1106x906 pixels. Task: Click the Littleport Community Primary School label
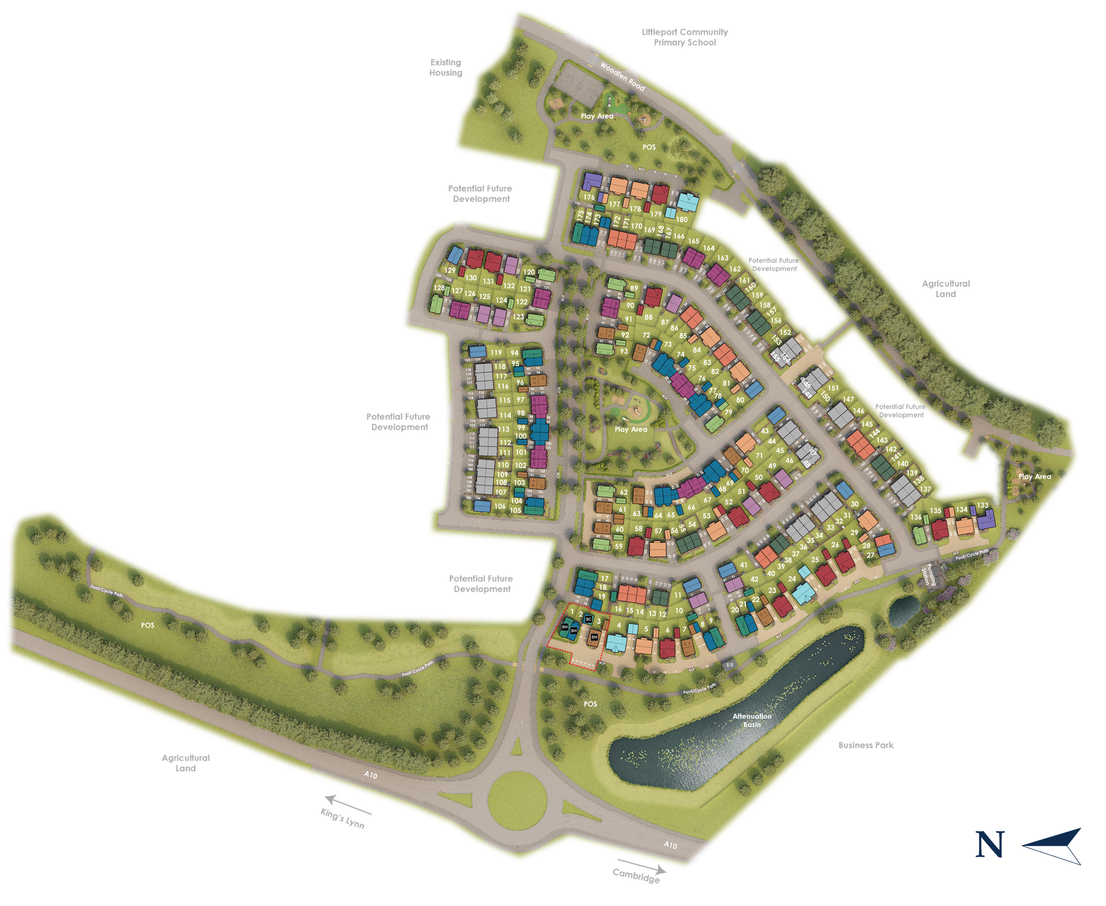tap(684, 37)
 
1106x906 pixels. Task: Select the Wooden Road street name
tap(622, 76)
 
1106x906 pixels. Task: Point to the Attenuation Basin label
tap(752, 720)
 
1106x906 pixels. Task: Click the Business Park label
tap(866, 745)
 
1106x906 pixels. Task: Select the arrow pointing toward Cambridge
tap(642, 867)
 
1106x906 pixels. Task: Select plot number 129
tap(450, 270)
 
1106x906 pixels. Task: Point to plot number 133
tap(982, 505)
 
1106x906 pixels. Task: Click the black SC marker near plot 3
tap(588, 620)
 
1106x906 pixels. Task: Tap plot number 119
tap(496, 353)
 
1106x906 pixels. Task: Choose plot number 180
tap(682, 219)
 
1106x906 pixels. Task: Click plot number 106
tap(500, 506)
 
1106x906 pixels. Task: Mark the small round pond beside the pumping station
tap(904, 611)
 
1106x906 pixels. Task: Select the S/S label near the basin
tap(730, 664)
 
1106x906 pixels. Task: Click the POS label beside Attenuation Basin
tap(590, 704)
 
